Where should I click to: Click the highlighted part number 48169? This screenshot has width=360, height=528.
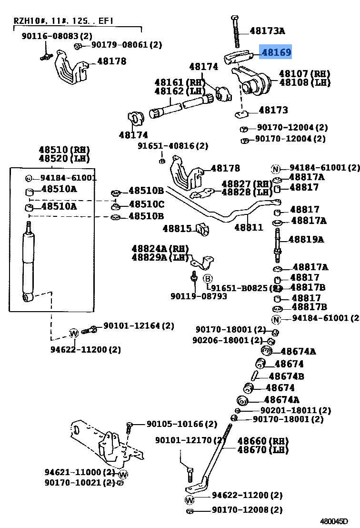click(275, 52)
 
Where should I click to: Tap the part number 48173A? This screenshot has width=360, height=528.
click(267, 31)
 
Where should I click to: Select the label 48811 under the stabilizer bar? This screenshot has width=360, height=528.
click(249, 227)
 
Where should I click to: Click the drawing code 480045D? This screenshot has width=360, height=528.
click(333, 521)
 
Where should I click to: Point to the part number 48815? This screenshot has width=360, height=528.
click(177, 228)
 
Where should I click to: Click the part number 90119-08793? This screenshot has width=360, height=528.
click(199, 296)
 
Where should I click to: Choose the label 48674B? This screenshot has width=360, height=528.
click(286, 376)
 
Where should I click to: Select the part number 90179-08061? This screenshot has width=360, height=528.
click(126, 45)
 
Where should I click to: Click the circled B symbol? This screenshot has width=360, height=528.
click(208, 279)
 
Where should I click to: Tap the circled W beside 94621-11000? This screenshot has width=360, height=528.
click(123, 474)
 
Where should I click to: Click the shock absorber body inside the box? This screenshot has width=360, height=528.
click(29, 262)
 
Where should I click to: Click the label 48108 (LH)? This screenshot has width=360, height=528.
click(304, 82)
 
